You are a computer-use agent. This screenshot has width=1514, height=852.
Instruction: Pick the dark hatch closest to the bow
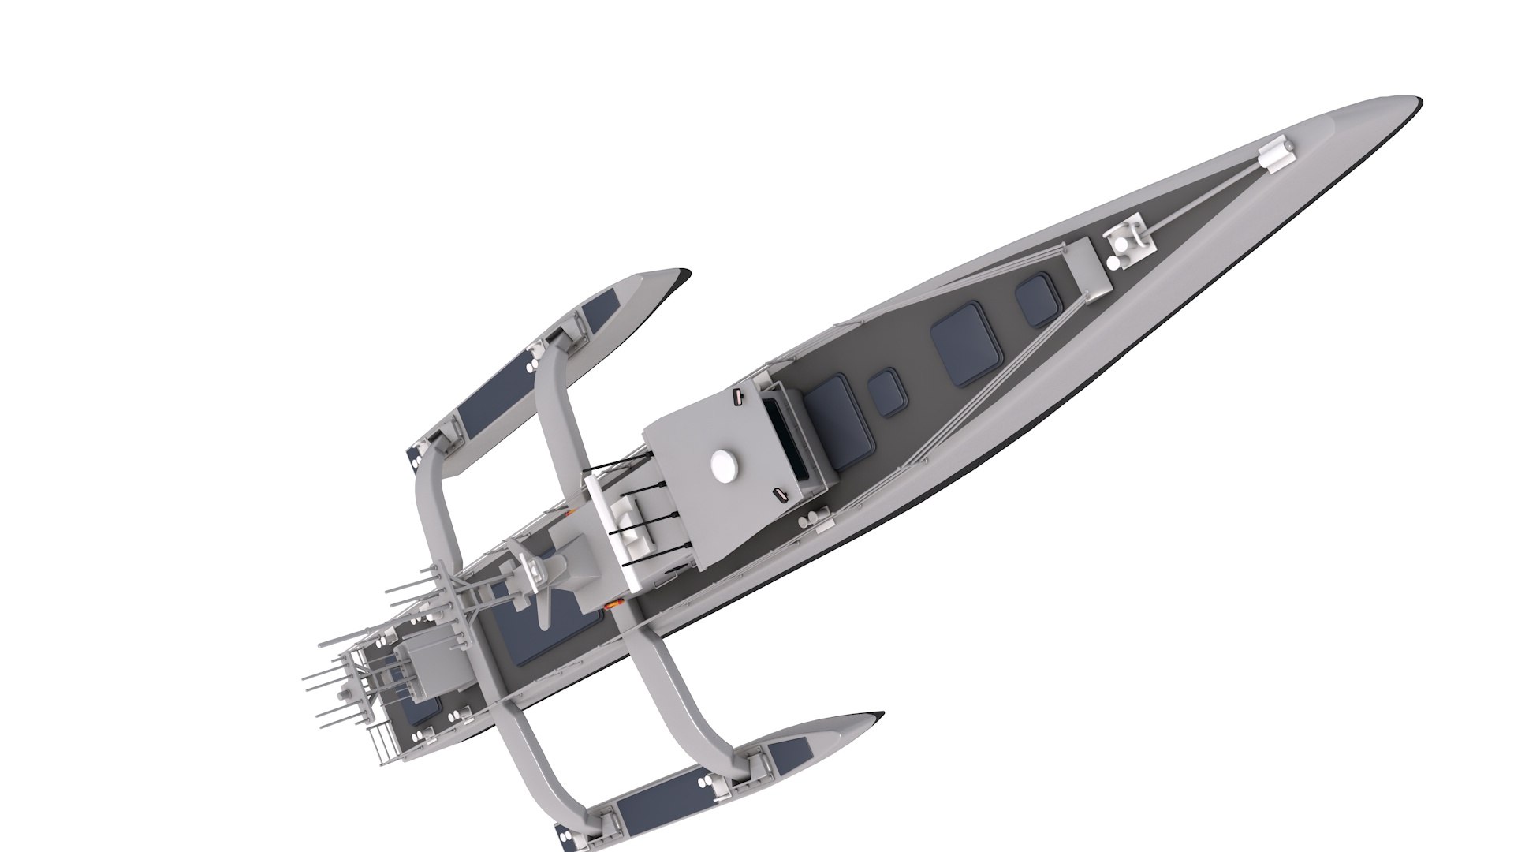[x=1036, y=301]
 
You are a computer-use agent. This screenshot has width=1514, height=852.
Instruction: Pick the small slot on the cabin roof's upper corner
[x=736, y=396]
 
